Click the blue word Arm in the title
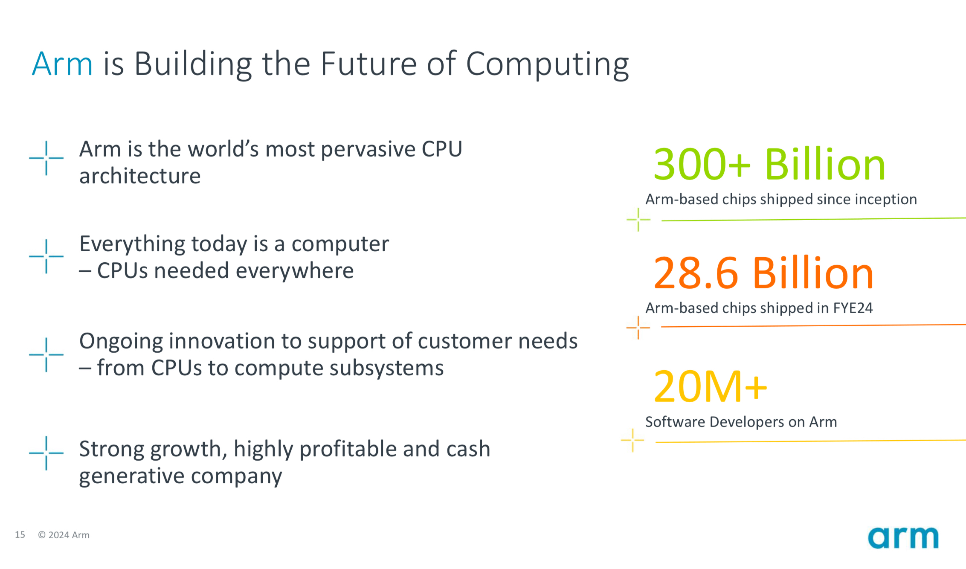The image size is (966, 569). pyautogui.click(x=62, y=64)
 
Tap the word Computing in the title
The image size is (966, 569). pyautogui.click(x=547, y=65)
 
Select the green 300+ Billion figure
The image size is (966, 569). pyautogui.click(x=769, y=165)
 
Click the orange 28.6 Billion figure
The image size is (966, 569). pyautogui.click(x=763, y=273)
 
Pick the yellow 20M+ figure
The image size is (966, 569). pyautogui.click(x=711, y=386)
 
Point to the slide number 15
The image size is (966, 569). pyautogui.click(x=20, y=534)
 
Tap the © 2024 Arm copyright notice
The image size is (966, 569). pyautogui.click(x=64, y=535)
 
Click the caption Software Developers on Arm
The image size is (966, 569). pyautogui.click(x=741, y=422)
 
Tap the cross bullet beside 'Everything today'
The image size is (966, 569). pyautogui.click(x=46, y=256)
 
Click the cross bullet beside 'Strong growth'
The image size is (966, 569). pyautogui.click(x=46, y=453)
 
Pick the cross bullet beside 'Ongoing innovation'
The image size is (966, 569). pyautogui.click(x=46, y=354)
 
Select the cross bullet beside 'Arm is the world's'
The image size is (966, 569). pyautogui.click(x=46, y=158)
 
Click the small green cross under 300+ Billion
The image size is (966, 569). pyautogui.click(x=638, y=220)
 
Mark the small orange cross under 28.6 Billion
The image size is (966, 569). pyautogui.click(x=638, y=328)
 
